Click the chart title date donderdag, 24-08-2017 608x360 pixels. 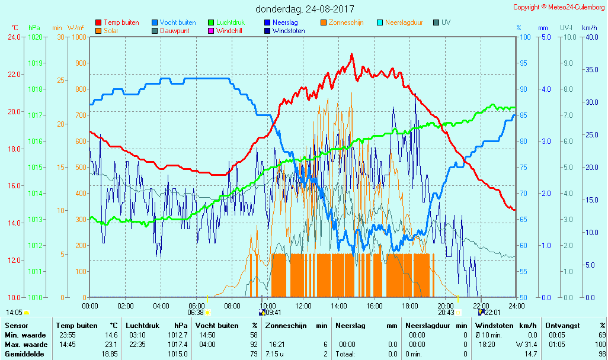305,9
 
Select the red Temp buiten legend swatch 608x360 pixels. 98,22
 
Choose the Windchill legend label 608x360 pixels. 228,31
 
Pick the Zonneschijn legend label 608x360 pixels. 346,22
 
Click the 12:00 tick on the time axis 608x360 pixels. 303,306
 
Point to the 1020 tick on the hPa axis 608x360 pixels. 36,37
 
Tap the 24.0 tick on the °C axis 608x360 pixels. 14,37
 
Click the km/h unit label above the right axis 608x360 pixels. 589,28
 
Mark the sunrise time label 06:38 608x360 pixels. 196,313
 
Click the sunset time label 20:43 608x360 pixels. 446,313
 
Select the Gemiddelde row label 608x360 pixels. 24,354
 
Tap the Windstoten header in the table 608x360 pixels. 494,326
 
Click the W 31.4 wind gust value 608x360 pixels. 524,345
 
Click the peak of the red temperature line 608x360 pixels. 351,54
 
